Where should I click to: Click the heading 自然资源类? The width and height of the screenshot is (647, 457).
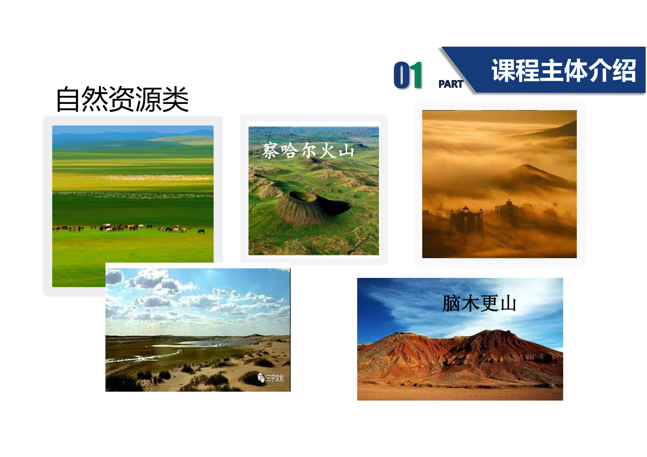click(x=122, y=99)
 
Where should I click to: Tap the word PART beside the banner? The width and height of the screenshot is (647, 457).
click(x=451, y=84)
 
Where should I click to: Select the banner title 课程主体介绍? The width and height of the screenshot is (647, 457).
click(x=564, y=71)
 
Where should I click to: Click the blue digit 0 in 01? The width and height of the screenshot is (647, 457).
click(x=402, y=75)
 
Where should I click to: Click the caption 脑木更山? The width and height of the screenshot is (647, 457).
click(x=479, y=303)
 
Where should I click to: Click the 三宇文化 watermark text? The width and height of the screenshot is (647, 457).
click(x=275, y=378)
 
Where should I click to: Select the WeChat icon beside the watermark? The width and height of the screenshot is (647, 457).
click(x=261, y=378)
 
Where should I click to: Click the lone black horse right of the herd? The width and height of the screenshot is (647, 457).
click(x=201, y=231)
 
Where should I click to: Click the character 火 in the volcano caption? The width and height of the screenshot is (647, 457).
click(x=327, y=151)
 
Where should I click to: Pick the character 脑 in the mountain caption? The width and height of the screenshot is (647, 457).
click(x=451, y=303)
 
